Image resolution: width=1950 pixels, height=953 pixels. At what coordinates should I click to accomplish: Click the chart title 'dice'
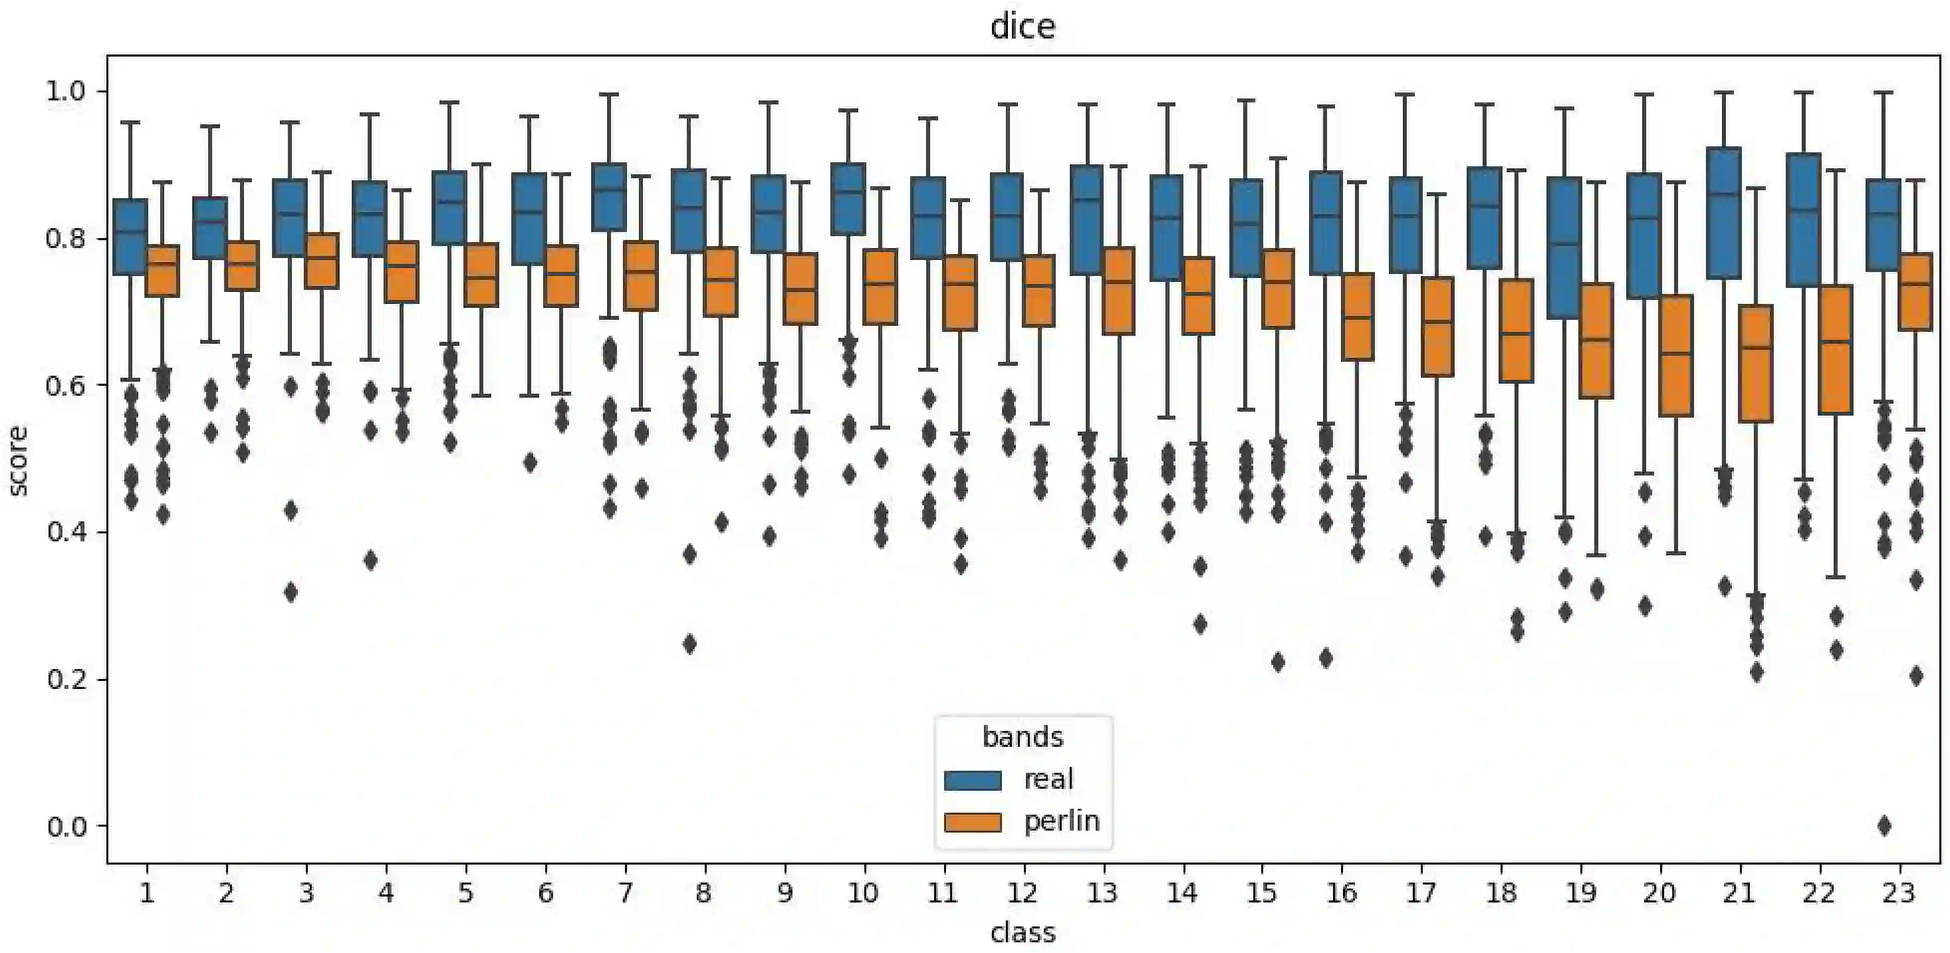(1022, 27)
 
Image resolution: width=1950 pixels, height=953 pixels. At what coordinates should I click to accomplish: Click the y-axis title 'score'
(18, 460)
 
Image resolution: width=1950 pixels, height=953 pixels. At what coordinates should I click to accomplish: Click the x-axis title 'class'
(1022, 932)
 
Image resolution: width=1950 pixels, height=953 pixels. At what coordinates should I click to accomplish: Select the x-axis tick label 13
(1102, 894)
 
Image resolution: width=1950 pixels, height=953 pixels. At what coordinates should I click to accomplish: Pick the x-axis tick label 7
(624, 894)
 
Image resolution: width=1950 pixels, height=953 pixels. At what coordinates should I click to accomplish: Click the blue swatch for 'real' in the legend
(973, 780)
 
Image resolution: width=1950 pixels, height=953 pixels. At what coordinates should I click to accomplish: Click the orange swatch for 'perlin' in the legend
(973, 822)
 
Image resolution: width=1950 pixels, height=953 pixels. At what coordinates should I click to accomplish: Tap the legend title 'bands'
(1022, 736)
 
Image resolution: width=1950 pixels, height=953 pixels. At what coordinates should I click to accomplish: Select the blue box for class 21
(1724, 213)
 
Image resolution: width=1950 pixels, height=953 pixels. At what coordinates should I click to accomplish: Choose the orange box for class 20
(1675, 355)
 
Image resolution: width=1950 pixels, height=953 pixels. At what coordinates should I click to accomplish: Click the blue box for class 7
(608, 197)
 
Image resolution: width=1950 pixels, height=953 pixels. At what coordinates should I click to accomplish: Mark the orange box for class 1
(162, 270)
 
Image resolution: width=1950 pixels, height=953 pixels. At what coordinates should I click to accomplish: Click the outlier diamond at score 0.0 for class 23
(1885, 826)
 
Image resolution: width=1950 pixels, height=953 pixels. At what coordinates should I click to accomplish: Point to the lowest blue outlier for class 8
(689, 644)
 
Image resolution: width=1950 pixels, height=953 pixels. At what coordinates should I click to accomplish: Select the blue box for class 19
(1564, 247)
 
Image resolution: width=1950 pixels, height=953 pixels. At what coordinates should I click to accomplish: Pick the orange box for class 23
(1915, 291)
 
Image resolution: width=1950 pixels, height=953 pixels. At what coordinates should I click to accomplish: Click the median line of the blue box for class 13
(1086, 199)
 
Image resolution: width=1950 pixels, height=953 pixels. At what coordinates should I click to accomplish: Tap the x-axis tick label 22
(1818, 894)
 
